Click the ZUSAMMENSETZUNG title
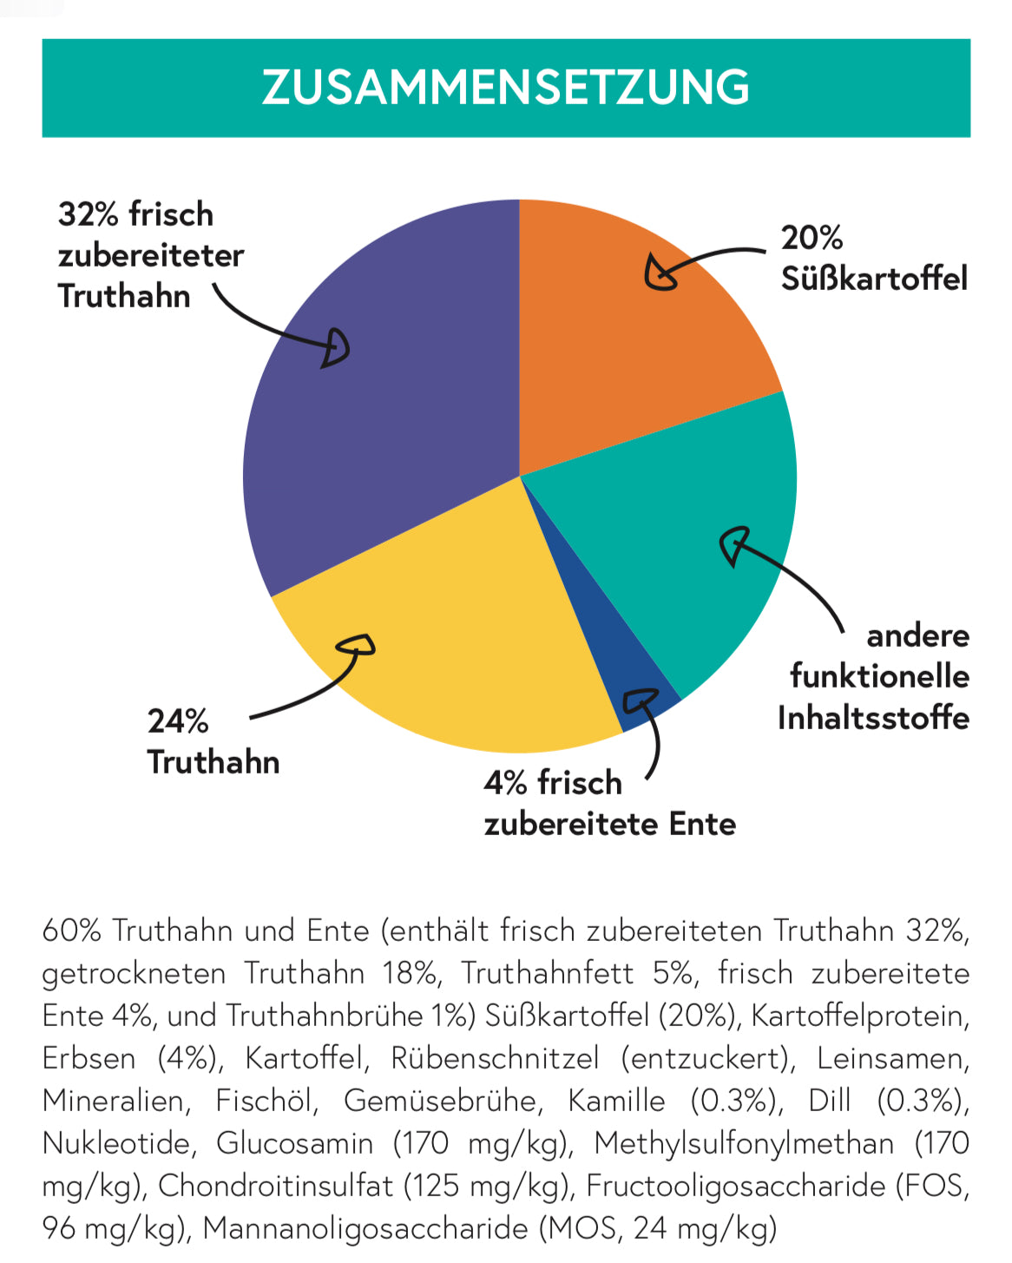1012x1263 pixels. (506, 88)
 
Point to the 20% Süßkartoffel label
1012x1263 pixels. (873, 258)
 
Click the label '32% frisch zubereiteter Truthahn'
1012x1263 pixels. (149, 255)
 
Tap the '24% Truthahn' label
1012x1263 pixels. (213, 741)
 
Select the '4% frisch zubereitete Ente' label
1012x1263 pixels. (609, 803)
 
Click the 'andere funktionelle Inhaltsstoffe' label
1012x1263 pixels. (873, 676)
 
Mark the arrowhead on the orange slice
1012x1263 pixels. (660, 273)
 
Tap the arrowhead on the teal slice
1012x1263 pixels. (733, 544)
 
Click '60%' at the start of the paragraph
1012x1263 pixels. (72, 931)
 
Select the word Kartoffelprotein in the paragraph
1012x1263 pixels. (859, 1016)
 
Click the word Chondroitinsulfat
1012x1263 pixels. (275, 1186)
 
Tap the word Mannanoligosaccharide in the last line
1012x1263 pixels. (365, 1228)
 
